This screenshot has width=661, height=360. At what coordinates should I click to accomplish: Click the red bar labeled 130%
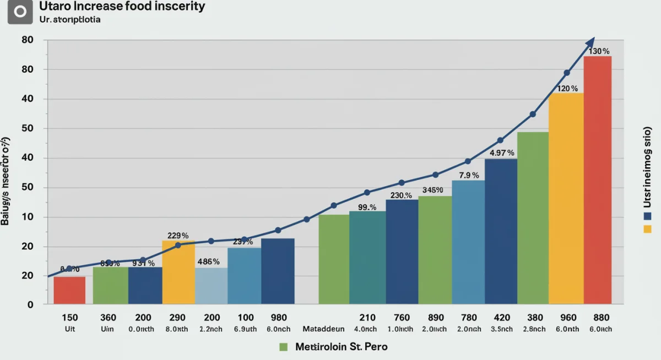[597, 182]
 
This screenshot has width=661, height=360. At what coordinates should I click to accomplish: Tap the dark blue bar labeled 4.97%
[501, 231]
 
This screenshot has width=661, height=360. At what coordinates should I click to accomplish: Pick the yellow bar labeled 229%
[178, 272]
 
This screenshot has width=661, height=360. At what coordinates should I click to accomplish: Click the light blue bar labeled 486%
[211, 286]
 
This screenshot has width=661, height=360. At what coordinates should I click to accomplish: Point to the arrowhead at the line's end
[591, 42]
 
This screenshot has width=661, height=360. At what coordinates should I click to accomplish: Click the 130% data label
[599, 51]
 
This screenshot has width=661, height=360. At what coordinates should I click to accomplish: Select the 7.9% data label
[468, 176]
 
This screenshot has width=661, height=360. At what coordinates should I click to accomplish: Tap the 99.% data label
[367, 208]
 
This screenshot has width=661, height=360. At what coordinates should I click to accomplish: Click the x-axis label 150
[69, 318]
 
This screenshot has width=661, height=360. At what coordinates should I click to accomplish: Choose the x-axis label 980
[279, 318]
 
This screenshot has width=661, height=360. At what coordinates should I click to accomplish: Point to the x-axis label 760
[402, 318]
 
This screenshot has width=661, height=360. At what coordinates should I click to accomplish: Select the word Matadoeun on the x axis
[323, 329]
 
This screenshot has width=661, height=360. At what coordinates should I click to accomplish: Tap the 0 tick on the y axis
[30, 305]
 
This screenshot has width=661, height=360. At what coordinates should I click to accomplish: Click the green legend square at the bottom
[284, 347]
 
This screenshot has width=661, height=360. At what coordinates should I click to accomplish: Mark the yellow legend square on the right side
[647, 228]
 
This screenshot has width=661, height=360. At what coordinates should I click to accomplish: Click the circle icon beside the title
[20, 12]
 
